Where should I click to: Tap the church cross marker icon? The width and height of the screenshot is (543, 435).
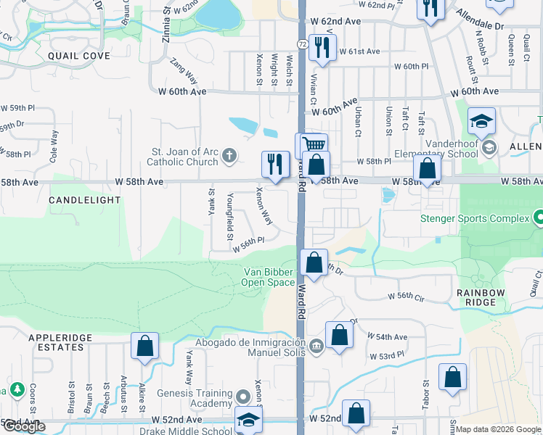pyautogui.click(x=229, y=154)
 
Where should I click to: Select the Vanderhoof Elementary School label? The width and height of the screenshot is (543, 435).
pyautogui.click(x=446, y=148)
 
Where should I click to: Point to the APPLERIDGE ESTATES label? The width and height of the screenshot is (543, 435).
pyautogui.click(x=56, y=342)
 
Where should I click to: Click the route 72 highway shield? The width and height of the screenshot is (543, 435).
pyautogui.click(x=302, y=45)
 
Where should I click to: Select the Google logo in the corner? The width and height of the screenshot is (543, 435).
pyautogui.click(x=24, y=426)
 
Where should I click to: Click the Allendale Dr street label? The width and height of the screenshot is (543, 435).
pyautogui.click(x=479, y=20)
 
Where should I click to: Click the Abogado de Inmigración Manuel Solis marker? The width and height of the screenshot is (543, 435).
pyautogui.click(x=315, y=346)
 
